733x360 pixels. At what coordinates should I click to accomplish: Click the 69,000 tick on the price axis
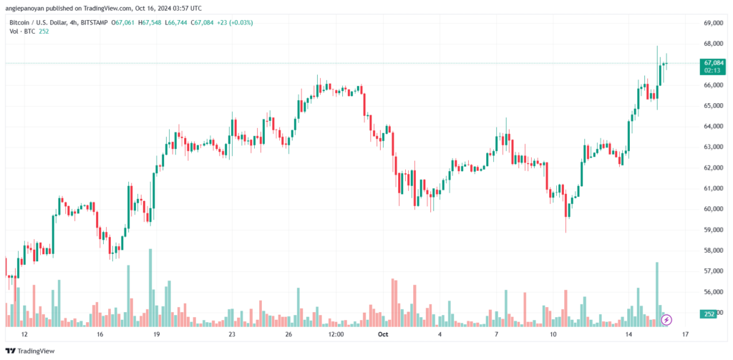(713, 23)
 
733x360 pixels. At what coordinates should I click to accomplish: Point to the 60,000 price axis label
(713, 209)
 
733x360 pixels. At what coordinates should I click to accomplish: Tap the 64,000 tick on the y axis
(713, 126)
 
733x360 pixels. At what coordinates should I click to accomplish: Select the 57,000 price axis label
(713, 271)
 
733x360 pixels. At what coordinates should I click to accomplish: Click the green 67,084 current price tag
(713, 63)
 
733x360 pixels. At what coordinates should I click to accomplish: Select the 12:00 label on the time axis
(335, 334)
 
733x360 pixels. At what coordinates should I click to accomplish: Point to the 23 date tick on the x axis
(231, 334)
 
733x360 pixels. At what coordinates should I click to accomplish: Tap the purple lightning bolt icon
(666, 320)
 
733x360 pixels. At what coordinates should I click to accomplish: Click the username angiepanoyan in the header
(27, 8)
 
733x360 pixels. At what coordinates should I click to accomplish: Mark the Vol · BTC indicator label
(18, 32)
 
